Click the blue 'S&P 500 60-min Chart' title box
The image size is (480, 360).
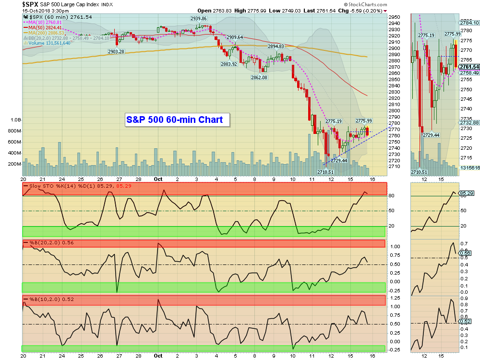click(x=174, y=120)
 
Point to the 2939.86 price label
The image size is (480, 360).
click(x=198, y=18)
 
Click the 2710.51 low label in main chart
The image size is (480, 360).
click(x=325, y=172)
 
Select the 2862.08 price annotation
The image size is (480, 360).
click(x=259, y=77)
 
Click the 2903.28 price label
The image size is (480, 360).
click(x=116, y=51)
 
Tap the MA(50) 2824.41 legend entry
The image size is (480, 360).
click(x=46, y=27)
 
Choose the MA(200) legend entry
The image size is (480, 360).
click(x=46, y=33)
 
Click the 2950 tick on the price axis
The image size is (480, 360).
click(x=395, y=17)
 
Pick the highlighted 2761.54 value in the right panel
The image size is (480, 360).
click(x=469, y=67)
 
